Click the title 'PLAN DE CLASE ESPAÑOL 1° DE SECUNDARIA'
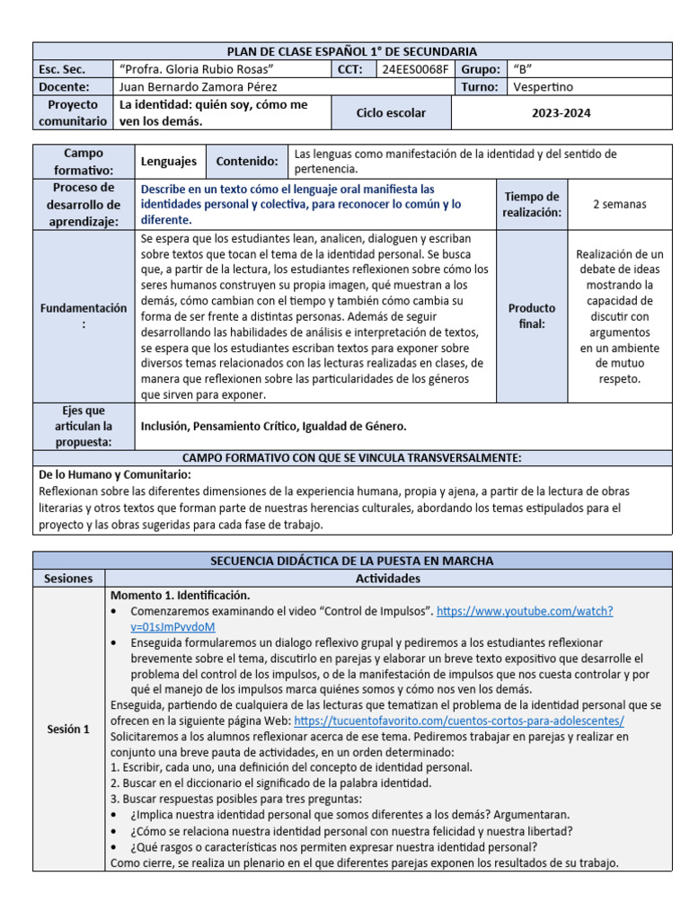[351, 51]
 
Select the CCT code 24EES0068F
[414, 69]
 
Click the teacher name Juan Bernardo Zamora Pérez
[199, 87]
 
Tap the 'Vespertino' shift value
[544, 87]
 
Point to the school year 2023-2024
[561, 113]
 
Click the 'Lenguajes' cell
[169, 162]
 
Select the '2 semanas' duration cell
[619, 204]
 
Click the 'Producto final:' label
[531, 315]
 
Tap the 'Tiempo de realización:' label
[532, 204]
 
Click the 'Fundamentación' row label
[83, 315]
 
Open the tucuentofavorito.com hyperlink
[458, 721]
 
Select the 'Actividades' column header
[387, 578]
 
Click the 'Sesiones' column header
[68, 578]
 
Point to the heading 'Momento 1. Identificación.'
[180, 595]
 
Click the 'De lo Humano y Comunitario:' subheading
[115, 474]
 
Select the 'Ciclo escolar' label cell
[391, 113]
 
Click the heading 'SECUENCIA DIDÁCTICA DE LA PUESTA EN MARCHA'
[351, 561]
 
